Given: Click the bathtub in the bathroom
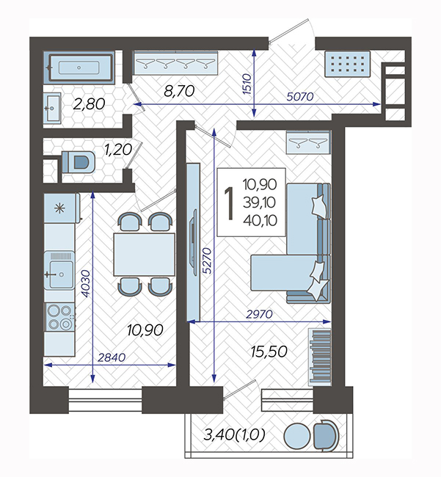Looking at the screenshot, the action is [x=79, y=68].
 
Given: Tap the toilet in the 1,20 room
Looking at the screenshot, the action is [x=79, y=162].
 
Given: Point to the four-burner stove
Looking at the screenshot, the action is [x=60, y=317].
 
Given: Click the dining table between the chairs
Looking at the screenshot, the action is [x=144, y=255].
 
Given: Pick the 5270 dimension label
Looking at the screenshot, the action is [x=207, y=261].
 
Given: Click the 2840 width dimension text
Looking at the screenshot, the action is [x=112, y=357].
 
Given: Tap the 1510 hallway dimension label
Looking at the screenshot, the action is [x=247, y=84].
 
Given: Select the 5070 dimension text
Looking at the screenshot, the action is [x=300, y=97].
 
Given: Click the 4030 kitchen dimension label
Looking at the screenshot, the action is [x=86, y=283].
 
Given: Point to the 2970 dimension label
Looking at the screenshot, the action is [x=259, y=314].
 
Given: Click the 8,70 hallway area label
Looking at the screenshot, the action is [x=179, y=91].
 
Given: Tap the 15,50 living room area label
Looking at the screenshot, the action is [x=269, y=352].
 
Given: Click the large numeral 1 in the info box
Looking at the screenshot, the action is [x=230, y=203].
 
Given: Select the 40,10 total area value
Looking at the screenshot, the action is [x=260, y=220].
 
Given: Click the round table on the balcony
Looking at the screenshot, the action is [x=297, y=436].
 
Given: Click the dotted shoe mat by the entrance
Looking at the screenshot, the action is [x=347, y=64].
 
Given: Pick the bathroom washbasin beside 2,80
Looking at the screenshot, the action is [x=52, y=109].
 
